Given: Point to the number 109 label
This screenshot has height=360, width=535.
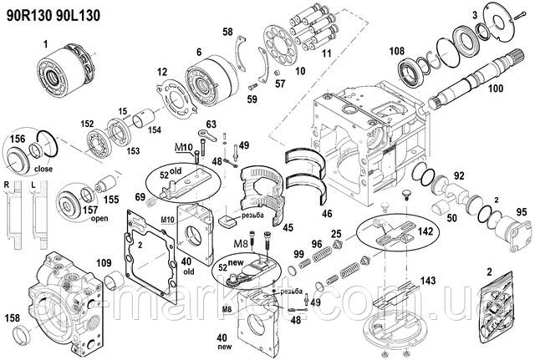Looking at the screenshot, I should pos(103,264).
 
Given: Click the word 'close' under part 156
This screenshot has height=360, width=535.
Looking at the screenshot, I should pos(44,167).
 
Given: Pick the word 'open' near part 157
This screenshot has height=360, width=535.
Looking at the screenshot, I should pos(99,219).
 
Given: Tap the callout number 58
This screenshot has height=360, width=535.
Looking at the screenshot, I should pos(227,33).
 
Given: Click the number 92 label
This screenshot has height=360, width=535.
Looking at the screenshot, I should pos(458,176).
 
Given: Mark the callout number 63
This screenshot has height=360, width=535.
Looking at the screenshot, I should pos(211,124).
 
